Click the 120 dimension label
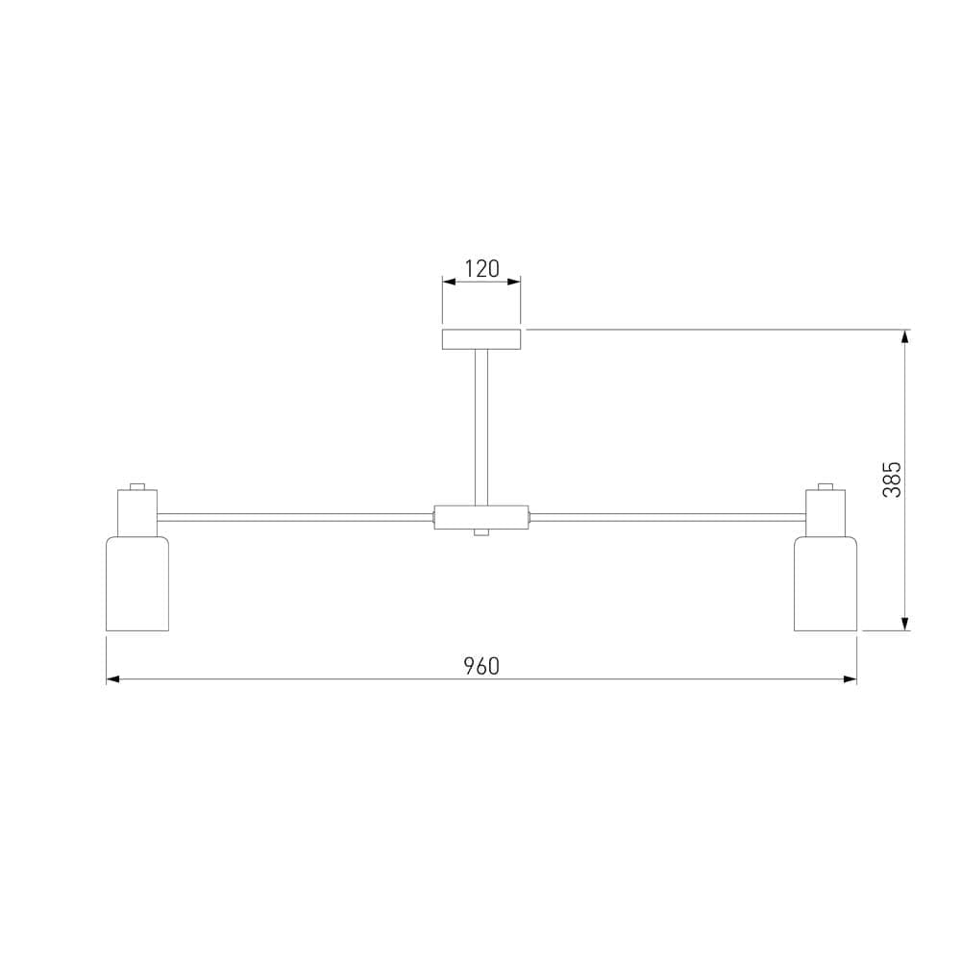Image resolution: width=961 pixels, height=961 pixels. coord(481,269)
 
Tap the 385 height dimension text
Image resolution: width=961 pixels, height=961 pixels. coord(893,480)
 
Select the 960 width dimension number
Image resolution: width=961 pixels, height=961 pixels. coord(481,666)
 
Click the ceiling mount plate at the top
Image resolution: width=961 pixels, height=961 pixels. coord(481,339)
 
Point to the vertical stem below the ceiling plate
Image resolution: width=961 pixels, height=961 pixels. coord(481,428)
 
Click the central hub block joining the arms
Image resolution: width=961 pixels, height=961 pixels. coord(481,517)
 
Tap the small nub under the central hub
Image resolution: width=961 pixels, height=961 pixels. coord(481,532)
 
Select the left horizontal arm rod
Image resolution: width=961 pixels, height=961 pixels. coord(295,518)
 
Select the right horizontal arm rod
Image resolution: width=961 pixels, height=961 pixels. coord(667,518)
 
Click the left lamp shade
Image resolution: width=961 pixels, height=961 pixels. coord(137,583)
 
